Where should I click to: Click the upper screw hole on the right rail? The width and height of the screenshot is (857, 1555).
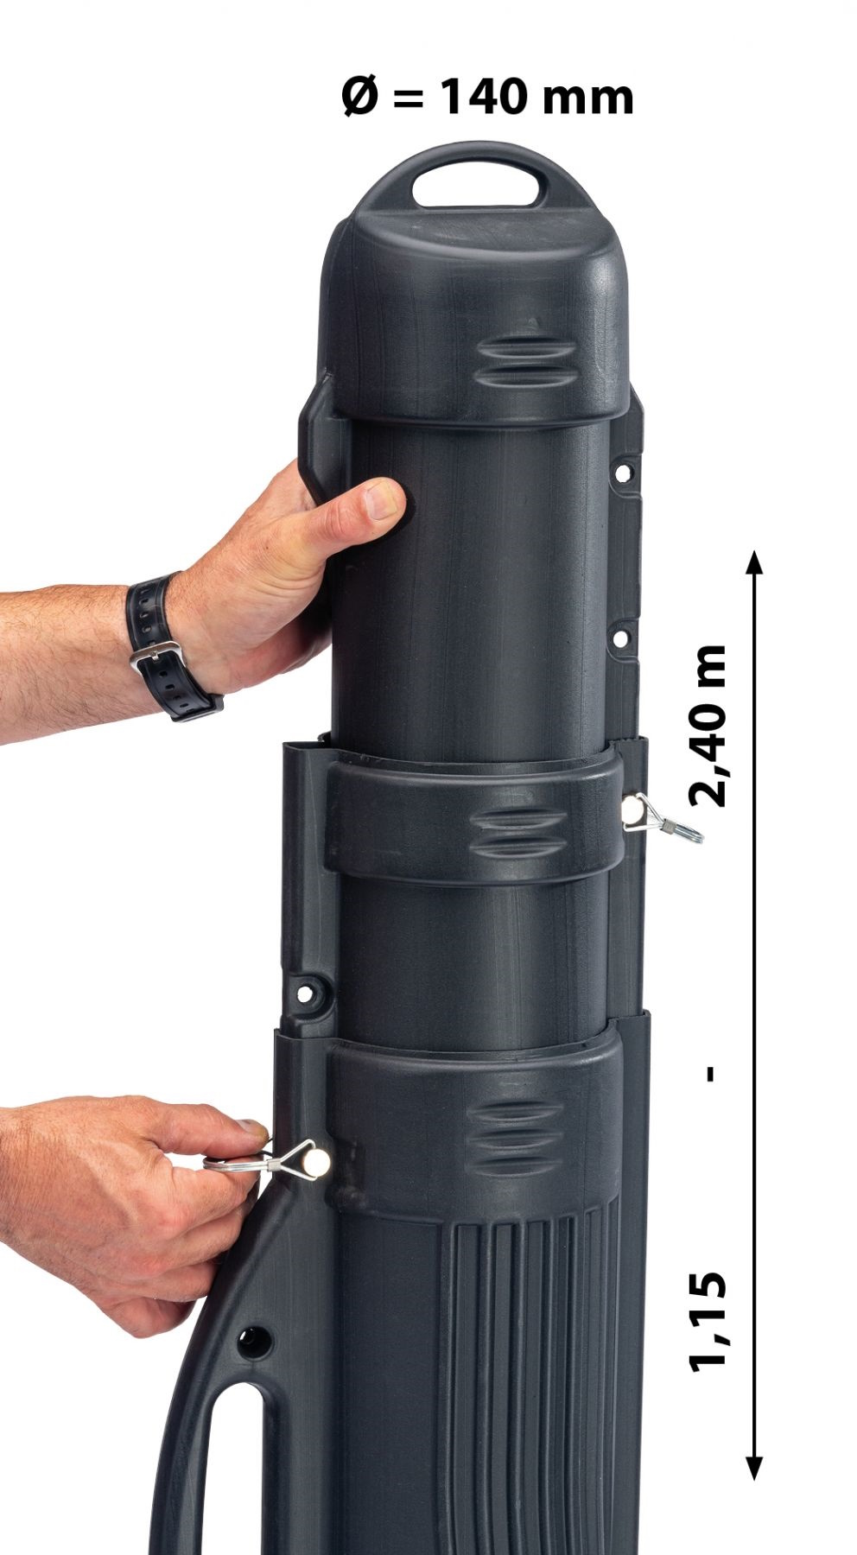coord(620,473)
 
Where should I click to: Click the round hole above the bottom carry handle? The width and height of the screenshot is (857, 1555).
coord(256,1340)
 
